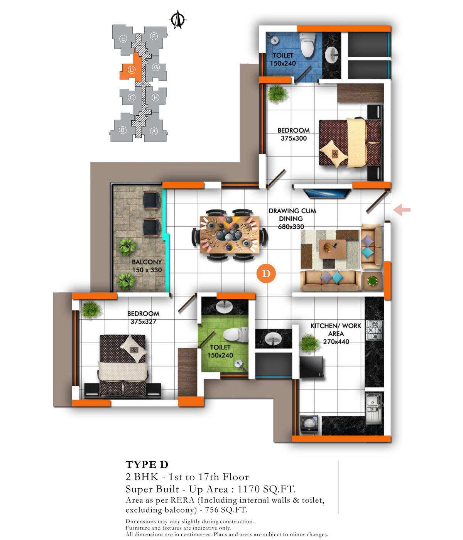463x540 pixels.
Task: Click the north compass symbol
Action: click(x=177, y=19)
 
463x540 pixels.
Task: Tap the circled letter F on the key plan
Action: click(x=154, y=36)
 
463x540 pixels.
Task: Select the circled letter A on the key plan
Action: click(x=154, y=131)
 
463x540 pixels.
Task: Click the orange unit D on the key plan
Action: click(x=132, y=68)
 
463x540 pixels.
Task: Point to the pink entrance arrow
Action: click(x=402, y=210)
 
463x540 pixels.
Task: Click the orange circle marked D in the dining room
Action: click(x=266, y=273)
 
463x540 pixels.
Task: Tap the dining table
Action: click(x=230, y=235)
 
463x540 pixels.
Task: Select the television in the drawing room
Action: click(x=327, y=194)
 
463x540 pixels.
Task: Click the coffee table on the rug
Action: click(x=332, y=249)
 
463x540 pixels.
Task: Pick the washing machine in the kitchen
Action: click(x=309, y=424)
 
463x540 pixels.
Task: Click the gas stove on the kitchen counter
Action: click(x=374, y=330)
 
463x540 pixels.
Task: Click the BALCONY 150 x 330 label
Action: click(x=147, y=266)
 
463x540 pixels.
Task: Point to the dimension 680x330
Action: click(x=291, y=226)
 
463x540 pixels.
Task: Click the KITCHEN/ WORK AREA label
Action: click(x=336, y=329)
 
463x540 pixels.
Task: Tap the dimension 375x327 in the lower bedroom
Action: click(x=143, y=321)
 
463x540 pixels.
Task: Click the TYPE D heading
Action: click(x=147, y=464)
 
